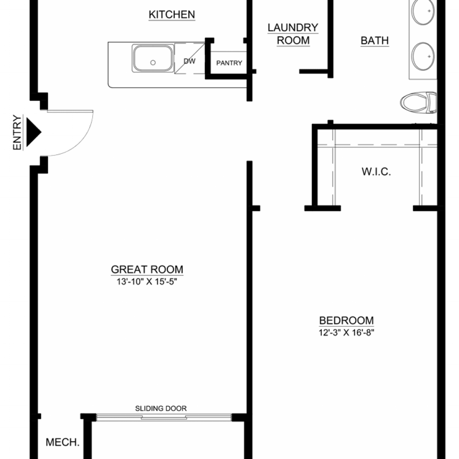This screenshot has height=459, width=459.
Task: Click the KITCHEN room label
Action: [x=172, y=14]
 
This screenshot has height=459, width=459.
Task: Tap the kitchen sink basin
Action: [x=152, y=58]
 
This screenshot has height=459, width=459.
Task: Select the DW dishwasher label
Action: [x=190, y=61]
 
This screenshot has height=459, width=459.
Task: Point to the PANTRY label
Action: [x=229, y=63]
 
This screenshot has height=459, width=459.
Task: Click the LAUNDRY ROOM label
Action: [x=293, y=34]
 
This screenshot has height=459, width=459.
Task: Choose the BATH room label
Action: [x=375, y=40]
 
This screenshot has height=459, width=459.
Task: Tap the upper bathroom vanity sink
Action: [x=423, y=11]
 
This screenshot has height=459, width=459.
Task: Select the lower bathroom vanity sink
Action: [x=423, y=56]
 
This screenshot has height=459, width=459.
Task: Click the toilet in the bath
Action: [x=418, y=103]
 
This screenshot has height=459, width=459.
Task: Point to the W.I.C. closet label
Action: [x=376, y=172]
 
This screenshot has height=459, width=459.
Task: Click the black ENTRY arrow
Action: [x=34, y=132]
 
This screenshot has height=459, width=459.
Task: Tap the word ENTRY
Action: [x=17, y=132]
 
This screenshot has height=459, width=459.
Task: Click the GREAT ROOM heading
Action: [x=147, y=269]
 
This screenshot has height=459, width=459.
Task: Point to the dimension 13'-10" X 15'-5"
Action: [x=147, y=281]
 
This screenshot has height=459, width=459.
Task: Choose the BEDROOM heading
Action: [x=346, y=320]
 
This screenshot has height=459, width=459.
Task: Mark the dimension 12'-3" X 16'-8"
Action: [x=346, y=333]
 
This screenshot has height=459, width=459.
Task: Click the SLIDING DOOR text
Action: [x=161, y=408]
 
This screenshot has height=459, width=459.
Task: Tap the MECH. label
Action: [x=63, y=442]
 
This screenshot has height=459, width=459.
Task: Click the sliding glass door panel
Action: [x=164, y=417]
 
